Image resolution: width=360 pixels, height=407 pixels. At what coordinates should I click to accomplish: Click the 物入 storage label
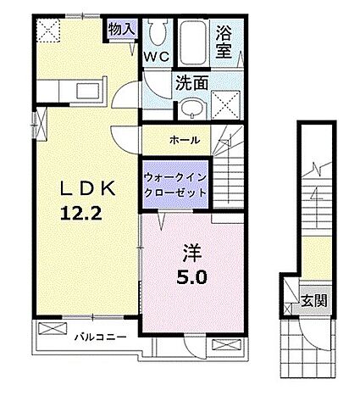[121, 29]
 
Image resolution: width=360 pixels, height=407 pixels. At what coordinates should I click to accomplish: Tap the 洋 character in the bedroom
[191, 254]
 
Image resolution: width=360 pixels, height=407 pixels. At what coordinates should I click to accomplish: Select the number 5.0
[191, 276]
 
